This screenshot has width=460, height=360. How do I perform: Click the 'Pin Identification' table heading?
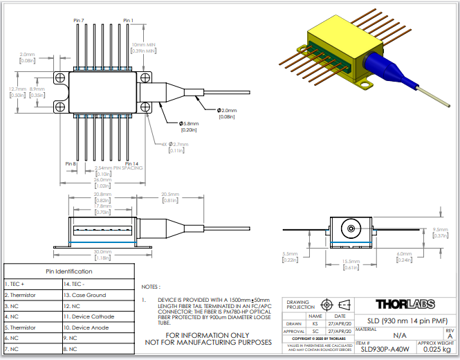pyautogui.click(x=68, y=271)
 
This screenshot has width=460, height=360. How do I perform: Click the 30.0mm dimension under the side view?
pyautogui.click(x=102, y=252)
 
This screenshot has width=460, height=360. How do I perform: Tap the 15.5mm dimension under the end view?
pyautogui.click(x=351, y=260)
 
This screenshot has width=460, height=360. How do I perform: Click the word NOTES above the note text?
pyautogui.click(x=150, y=286)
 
